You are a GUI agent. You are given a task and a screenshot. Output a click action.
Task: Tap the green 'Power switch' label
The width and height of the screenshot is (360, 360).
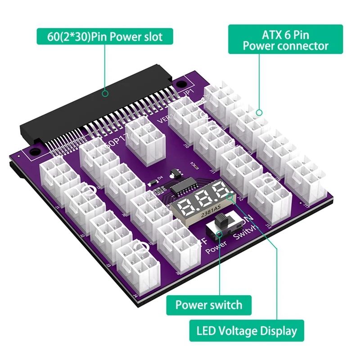click(x=208, y=305)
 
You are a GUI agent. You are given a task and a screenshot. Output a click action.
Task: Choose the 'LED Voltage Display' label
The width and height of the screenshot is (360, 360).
click(x=247, y=331)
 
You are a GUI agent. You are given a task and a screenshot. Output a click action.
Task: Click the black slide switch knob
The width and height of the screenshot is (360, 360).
click(x=221, y=221)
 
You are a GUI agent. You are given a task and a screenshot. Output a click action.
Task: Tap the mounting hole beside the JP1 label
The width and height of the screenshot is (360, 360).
click(x=181, y=84)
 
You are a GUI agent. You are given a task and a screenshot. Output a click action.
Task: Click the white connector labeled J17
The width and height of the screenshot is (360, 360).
click(x=306, y=180)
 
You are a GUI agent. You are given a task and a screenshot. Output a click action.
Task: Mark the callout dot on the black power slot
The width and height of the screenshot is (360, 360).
click(x=105, y=94)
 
